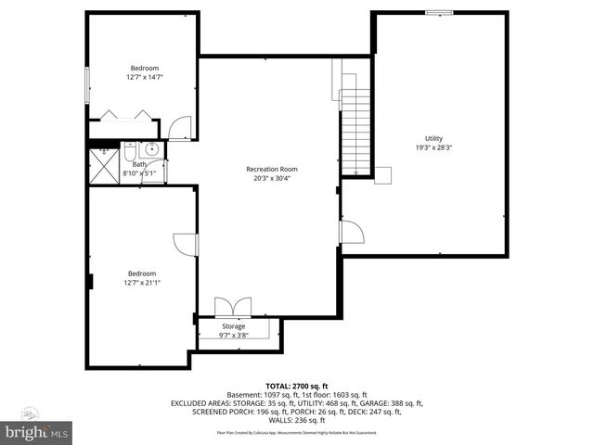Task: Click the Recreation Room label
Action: (x=271, y=169)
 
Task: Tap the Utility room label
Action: (x=434, y=138)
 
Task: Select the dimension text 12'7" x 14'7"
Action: (x=144, y=77)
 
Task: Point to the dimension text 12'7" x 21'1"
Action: (x=143, y=283)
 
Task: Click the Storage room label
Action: (x=233, y=325)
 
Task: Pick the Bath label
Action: (x=138, y=164)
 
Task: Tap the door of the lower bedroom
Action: (x=188, y=242)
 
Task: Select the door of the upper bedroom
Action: (x=180, y=128)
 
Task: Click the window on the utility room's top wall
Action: (x=439, y=12)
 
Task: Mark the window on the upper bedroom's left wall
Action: (x=87, y=84)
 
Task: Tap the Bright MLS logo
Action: (x=35, y=432)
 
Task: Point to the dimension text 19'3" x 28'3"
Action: (x=433, y=147)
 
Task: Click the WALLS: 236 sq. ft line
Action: (x=297, y=421)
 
